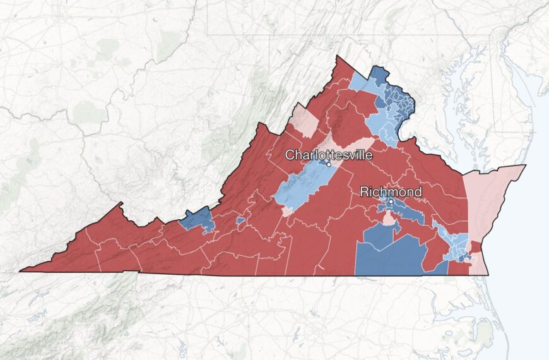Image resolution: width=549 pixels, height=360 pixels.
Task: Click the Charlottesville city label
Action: (x=329, y=155)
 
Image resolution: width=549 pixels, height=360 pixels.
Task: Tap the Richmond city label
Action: (x=390, y=191)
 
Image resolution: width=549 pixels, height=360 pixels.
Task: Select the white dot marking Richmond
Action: (x=391, y=201)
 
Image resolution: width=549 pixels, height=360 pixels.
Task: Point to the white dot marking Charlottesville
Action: (x=329, y=164)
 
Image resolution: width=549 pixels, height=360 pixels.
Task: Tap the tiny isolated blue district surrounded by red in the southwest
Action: (x=240, y=221)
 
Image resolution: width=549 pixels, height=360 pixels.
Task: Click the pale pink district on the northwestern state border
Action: (x=305, y=122)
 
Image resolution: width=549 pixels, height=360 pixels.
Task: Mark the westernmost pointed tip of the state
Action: (x=21, y=271)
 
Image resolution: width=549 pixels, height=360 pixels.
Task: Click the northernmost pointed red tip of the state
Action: (x=339, y=58)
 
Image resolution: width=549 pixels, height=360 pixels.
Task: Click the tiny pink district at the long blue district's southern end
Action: (x=287, y=211)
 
